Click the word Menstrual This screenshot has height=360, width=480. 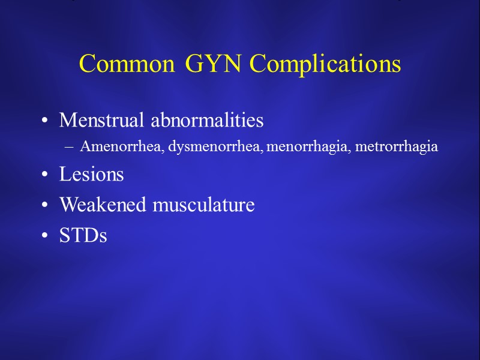tap(103, 121)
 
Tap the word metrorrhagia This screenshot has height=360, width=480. tap(397, 147)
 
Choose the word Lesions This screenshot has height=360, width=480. tap(91, 175)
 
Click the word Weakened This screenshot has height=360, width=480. tap(103, 205)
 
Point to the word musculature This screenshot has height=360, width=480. tap(204, 205)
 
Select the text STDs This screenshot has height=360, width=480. tap(83, 236)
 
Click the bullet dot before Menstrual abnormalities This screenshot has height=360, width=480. tap(45, 122)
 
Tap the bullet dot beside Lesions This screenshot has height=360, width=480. tap(45, 176)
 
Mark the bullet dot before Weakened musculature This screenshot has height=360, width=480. tap(45, 206)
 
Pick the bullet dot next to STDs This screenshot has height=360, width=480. tap(45, 237)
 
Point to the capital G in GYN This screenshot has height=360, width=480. tap(194, 64)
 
